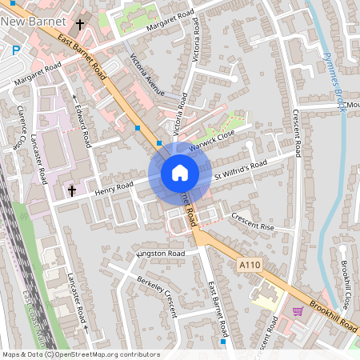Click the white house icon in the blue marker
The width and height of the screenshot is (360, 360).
(179, 173)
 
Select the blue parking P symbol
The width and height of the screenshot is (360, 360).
(16, 50)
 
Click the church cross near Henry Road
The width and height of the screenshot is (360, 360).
(72, 190)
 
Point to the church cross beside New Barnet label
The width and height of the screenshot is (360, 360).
(81, 24)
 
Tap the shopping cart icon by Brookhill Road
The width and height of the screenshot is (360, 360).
(298, 310)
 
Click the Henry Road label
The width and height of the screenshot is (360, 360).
(114, 188)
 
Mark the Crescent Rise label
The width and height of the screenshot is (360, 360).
(252, 220)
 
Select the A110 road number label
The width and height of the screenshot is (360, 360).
(250, 262)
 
